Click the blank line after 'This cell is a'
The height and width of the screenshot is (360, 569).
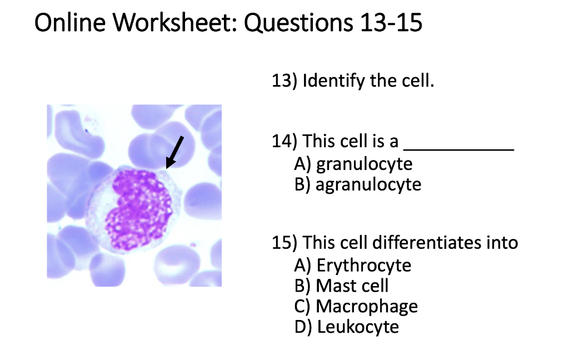coord(458,146)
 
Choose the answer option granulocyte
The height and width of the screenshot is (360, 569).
coord(365,164)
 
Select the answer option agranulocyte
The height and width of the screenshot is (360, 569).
coord(368,184)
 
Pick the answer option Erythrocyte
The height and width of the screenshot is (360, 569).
coord(364,266)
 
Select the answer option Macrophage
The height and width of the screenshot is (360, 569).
coord(367,306)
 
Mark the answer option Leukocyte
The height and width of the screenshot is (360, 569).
coord(358,327)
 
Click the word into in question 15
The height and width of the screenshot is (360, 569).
coord(503,243)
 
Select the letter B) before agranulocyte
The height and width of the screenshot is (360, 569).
coord(302,184)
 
